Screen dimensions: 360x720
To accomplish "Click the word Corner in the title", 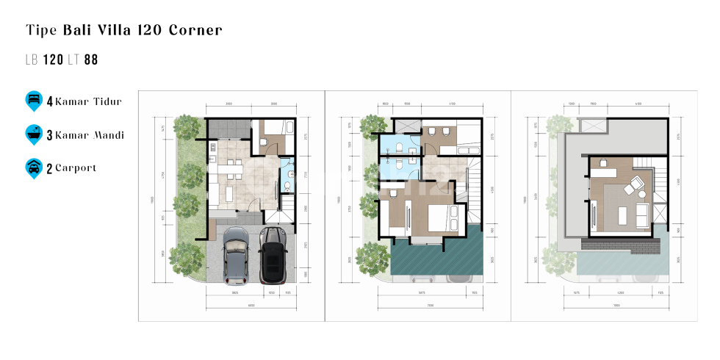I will tap(195, 30).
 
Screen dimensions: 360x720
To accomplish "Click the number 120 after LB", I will tap(53, 60).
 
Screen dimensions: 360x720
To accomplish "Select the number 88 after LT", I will tap(91, 60).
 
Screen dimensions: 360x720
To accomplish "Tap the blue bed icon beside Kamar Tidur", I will tap(33, 101).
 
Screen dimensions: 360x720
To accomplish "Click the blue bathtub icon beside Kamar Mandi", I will tap(33, 134).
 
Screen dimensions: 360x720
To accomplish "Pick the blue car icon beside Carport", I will tap(33, 168).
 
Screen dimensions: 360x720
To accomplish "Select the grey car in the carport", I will tap(235, 256).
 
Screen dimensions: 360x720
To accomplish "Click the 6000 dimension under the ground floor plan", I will tap(251, 306).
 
